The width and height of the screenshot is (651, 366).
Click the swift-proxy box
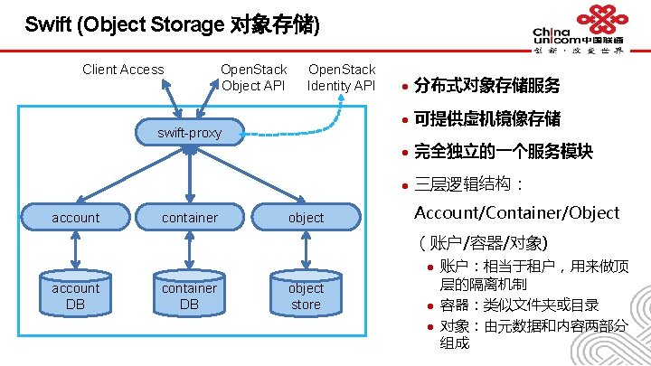tap(190, 133)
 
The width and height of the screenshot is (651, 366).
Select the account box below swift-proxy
tap(76, 217)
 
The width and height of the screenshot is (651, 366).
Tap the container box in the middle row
tap(190, 217)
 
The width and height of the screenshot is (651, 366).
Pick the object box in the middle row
tap(306, 217)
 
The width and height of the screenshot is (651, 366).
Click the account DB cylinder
tap(76, 296)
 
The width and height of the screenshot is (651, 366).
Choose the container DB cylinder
tap(190, 296)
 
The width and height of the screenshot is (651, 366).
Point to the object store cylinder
tap(306, 296)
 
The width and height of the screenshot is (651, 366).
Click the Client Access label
tap(123, 70)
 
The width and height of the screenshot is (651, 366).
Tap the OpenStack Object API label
tap(254, 78)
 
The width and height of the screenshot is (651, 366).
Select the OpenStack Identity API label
tap(341, 78)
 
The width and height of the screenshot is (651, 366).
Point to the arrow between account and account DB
tap(76, 249)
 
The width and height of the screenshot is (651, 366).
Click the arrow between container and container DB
tap(190, 249)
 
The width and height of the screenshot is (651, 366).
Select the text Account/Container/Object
tap(516, 213)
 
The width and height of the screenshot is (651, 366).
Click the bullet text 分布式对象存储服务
tap(486, 86)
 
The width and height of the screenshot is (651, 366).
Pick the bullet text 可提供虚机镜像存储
tap(486, 118)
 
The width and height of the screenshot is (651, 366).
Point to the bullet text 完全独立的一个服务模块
tap(503, 151)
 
